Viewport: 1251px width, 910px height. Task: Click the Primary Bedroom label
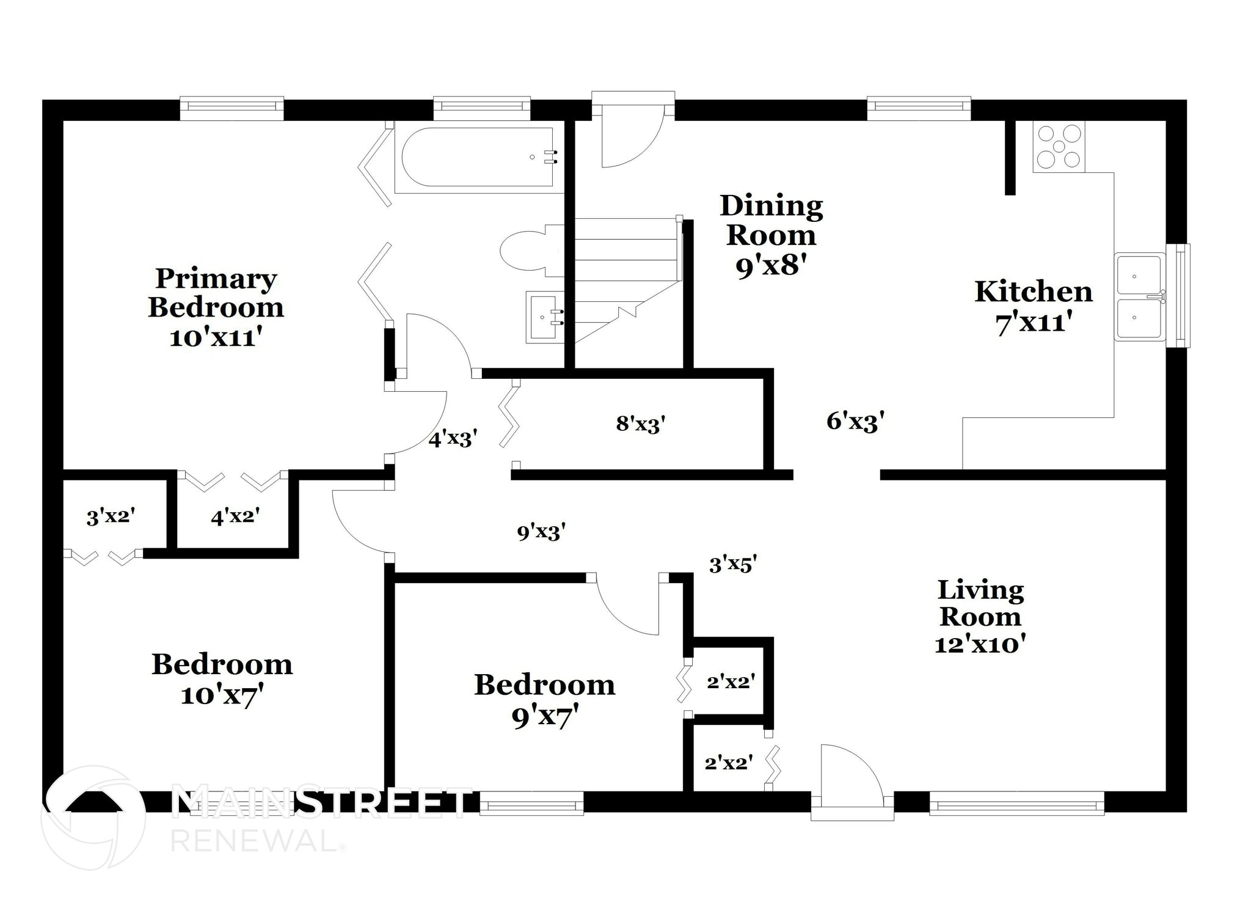click(x=216, y=307)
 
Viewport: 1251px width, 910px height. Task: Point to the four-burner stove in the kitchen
click(x=1059, y=147)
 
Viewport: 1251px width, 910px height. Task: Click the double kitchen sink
click(x=1139, y=297)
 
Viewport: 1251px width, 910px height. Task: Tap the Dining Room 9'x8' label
click(x=771, y=235)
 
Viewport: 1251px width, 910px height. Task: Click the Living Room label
click(x=980, y=616)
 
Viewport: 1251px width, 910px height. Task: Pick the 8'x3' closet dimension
click(x=640, y=424)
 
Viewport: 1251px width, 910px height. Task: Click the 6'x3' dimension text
click(x=855, y=421)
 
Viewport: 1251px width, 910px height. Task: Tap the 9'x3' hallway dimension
click(x=541, y=532)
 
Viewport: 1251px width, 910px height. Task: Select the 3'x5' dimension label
click(x=733, y=564)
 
